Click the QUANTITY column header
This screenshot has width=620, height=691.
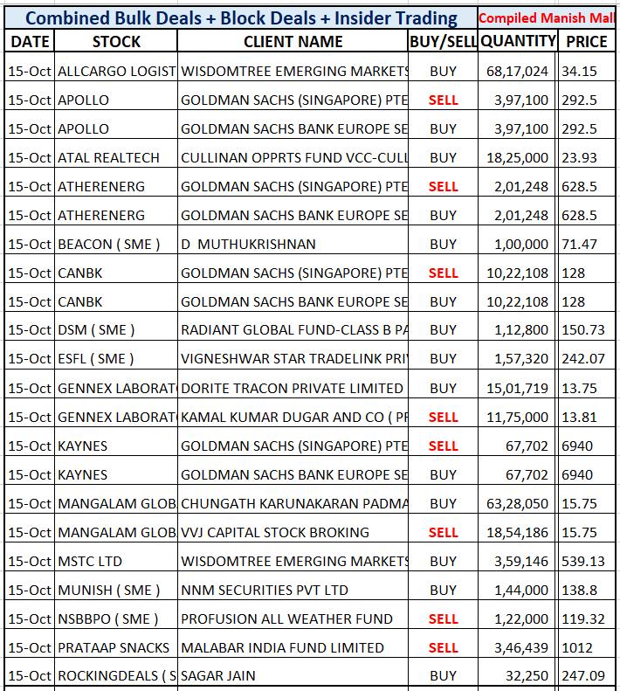(x=518, y=41)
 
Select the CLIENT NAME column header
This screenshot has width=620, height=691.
(x=293, y=41)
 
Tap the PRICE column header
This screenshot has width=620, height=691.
(x=586, y=41)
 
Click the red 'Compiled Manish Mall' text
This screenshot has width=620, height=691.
(x=548, y=17)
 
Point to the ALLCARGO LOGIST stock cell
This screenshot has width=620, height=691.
(x=116, y=72)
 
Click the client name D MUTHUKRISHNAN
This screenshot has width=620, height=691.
(x=248, y=245)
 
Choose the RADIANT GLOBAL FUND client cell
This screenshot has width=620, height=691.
(x=294, y=330)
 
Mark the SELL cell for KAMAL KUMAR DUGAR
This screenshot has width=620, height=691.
(x=443, y=418)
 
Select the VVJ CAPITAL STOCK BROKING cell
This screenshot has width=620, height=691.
(x=275, y=532)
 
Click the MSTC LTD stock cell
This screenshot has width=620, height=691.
(x=90, y=561)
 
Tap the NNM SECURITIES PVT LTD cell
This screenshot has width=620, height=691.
(x=265, y=590)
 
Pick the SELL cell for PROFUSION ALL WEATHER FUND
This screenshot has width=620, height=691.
(x=443, y=618)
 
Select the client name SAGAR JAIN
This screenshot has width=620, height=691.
(x=219, y=675)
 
